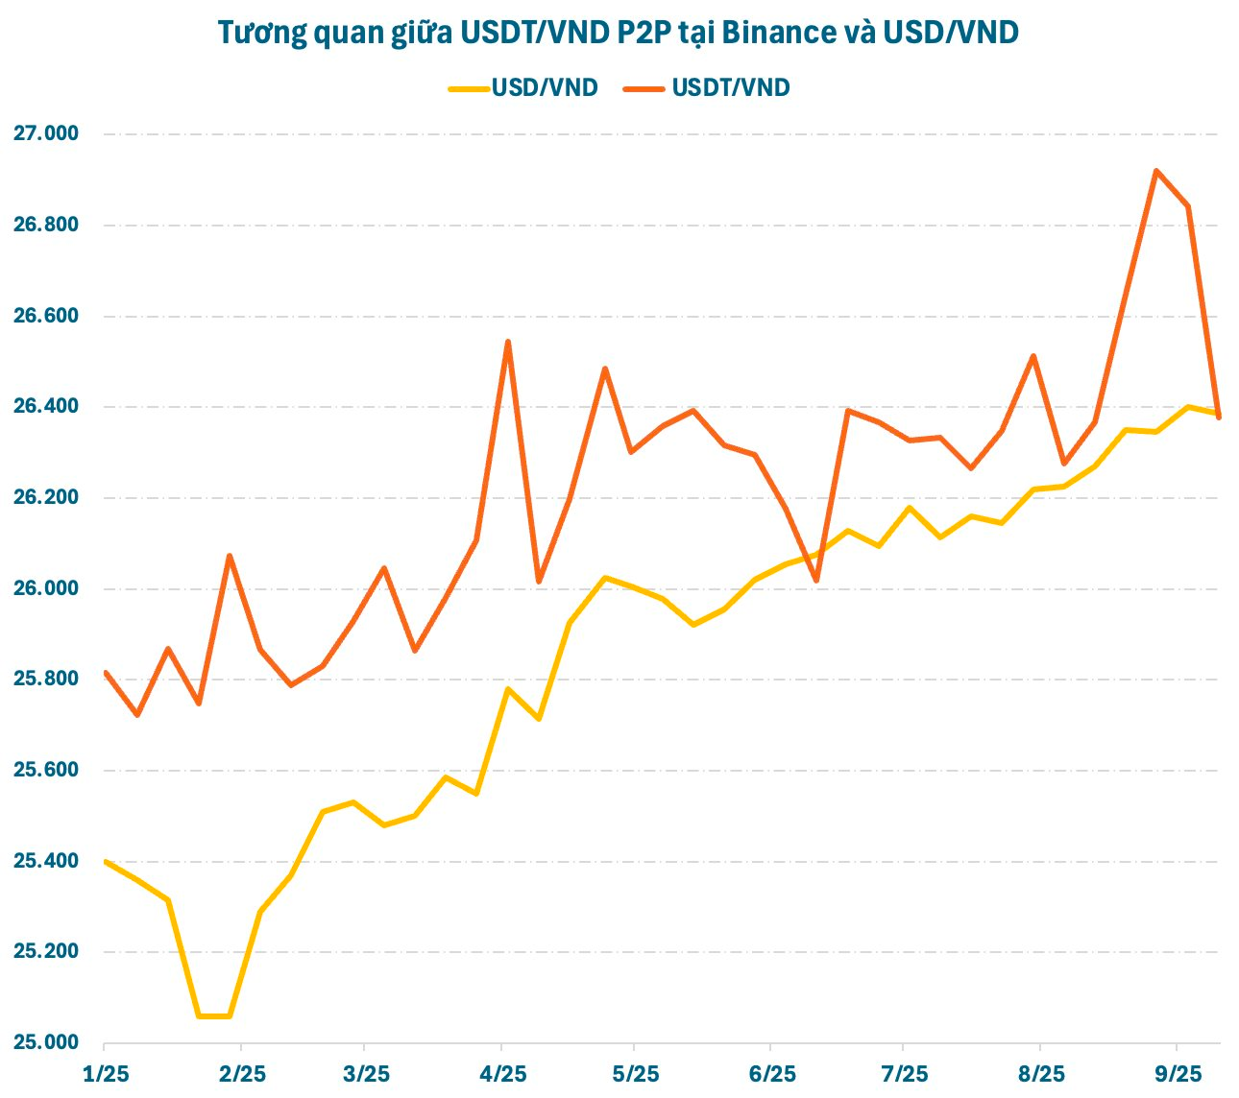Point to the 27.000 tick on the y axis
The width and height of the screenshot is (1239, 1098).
(46, 133)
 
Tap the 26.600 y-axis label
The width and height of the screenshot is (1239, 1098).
(46, 316)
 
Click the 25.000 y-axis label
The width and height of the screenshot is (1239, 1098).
(46, 1042)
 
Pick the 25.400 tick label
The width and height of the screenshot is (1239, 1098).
(46, 861)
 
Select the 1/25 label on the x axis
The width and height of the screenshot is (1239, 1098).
(105, 1073)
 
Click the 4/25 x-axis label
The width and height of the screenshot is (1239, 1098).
(501, 1073)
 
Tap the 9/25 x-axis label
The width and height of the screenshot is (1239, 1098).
(1177, 1073)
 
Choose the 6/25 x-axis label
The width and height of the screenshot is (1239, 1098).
(770, 1073)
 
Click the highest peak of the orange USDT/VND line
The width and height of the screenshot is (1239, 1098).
(1156, 171)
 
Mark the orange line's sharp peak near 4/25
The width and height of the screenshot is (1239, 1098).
(508, 342)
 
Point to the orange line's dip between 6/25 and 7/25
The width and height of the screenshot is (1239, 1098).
(815, 581)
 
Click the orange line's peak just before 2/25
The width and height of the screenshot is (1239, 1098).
(230, 556)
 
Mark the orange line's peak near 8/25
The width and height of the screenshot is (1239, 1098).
(1032, 356)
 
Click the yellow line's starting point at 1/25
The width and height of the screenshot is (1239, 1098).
(105, 861)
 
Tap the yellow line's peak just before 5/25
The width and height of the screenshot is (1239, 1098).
(604, 578)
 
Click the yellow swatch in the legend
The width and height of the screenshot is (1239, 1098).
(468, 88)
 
